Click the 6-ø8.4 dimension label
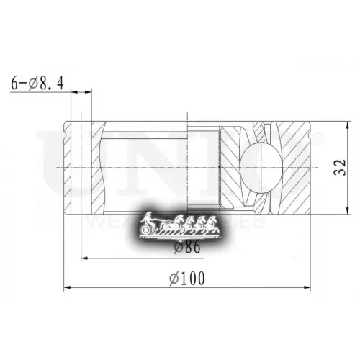(x=37, y=84)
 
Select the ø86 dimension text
(x=187, y=246)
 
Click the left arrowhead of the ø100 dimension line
(x=67, y=288)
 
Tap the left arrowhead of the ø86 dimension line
(x=85, y=258)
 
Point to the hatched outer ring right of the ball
(x=295, y=167)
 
